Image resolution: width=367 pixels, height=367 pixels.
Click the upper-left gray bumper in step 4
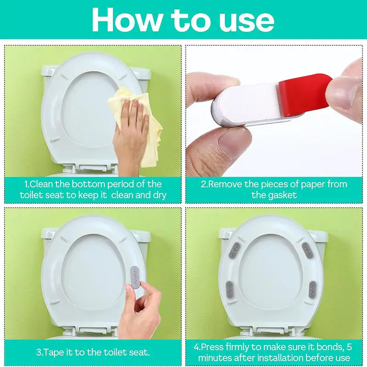pos(232,251)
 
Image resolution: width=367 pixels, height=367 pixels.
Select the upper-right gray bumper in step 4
pos(307,250)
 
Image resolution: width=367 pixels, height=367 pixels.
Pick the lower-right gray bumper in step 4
pos(312,289)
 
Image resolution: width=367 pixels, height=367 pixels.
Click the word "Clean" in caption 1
pos(41,184)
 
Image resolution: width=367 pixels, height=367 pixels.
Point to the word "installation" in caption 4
pos(275,358)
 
